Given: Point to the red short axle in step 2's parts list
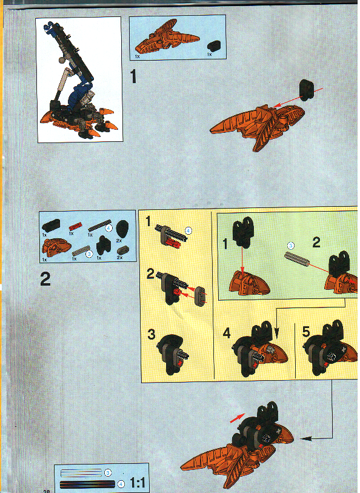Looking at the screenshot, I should click(73, 226).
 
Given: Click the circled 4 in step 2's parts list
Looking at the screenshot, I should click(108, 229).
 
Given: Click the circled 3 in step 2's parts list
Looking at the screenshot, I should click(89, 253).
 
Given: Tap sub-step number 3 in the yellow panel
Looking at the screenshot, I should click(152, 334).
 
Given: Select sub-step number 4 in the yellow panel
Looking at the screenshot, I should click(225, 334).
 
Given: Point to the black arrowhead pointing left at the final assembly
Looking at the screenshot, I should click(307, 437).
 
